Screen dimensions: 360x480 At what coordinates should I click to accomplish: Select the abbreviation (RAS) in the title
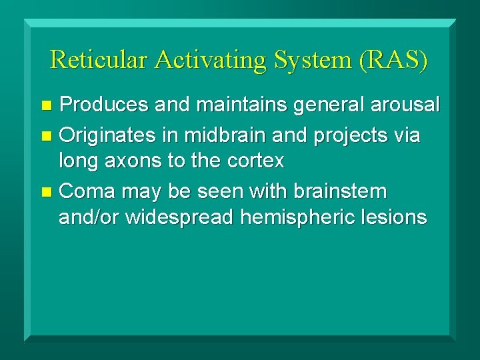393,59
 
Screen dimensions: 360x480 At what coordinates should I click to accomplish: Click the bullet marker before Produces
46,106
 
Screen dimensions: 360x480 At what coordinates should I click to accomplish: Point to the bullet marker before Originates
46,137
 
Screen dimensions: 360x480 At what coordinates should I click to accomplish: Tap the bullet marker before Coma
46,193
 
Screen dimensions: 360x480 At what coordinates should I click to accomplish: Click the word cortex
256,161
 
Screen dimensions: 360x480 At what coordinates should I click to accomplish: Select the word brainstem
347,191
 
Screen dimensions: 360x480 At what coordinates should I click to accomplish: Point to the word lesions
396,217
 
